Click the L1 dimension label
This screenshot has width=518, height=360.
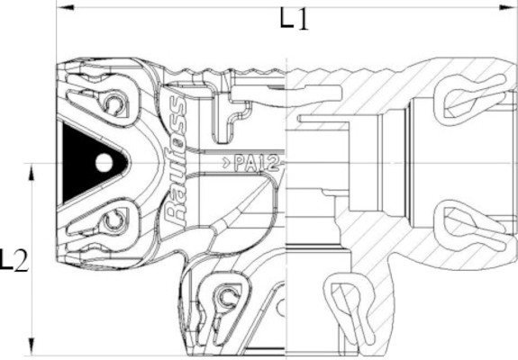[294, 20]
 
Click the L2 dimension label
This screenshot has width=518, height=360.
[14, 260]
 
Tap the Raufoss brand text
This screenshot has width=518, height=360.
[175, 162]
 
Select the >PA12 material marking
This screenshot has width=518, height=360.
[251, 163]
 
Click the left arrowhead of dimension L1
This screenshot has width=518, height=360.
[66, 7]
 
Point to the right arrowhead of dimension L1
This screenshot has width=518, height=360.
[508, 7]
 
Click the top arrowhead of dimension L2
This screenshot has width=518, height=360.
[32, 172]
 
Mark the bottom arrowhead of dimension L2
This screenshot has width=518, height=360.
[32, 346]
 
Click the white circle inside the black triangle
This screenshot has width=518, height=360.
[105, 163]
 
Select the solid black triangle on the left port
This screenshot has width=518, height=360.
[89, 163]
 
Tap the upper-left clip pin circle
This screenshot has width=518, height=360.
[114, 103]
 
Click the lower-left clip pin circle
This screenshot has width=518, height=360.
[114, 220]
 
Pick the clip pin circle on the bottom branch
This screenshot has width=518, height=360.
[227, 296]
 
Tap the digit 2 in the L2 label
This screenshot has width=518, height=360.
[22, 261]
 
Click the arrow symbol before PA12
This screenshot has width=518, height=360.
[226, 163]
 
